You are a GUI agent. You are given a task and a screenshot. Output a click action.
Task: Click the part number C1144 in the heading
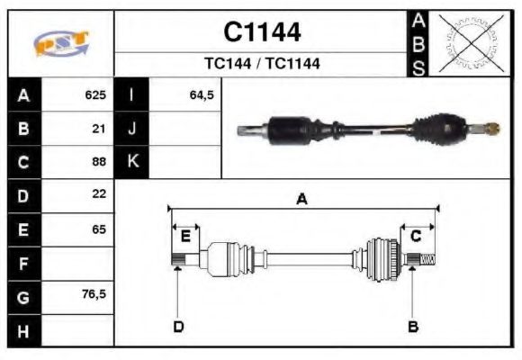262,32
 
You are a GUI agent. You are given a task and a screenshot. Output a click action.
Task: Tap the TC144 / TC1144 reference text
262,64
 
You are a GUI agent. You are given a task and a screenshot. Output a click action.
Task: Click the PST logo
60,43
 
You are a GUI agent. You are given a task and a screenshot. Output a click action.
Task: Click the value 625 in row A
95,94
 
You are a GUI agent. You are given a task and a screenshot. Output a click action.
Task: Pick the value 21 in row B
99,128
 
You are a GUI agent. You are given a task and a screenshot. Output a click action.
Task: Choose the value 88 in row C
99,162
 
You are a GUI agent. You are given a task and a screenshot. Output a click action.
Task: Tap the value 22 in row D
99,194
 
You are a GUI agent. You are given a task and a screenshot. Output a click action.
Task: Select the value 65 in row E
99,229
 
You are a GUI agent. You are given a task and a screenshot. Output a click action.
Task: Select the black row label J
131,128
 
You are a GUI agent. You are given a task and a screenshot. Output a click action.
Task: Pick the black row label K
131,162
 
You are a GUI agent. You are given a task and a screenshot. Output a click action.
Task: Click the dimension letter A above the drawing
301,200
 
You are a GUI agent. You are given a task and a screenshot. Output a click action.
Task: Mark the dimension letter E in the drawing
185,236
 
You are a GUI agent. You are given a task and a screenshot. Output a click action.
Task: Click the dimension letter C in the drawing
416,236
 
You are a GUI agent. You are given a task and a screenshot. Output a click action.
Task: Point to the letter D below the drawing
178,326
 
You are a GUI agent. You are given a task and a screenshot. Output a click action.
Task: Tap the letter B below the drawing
413,326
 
